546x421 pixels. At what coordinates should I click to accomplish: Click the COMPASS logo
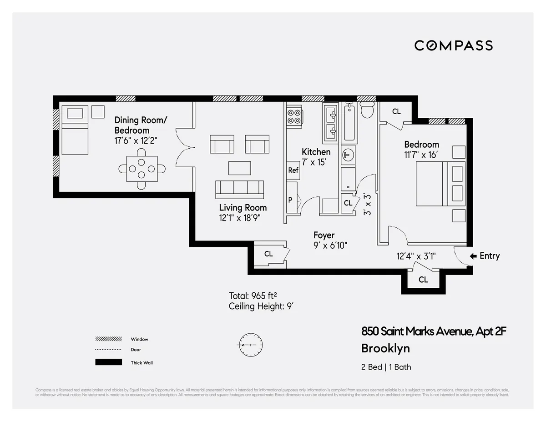click(453, 45)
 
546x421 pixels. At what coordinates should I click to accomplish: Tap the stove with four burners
click(294, 116)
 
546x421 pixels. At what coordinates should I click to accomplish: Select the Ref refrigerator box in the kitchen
click(293, 170)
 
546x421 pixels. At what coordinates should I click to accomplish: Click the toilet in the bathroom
click(367, 110)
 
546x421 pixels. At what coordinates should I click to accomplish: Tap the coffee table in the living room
click(239, 168)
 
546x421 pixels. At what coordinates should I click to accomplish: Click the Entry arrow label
click(485, 256)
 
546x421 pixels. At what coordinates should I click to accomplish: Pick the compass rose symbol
click(250, 345)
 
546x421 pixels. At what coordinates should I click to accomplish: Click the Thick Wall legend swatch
click(108, 362)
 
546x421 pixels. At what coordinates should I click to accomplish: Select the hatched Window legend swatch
click(108, 339)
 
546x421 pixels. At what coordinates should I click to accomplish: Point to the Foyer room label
click(324, 235)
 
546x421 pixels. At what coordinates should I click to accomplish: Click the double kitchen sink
click(330, 122)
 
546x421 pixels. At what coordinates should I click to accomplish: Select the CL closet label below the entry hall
click(423, 280)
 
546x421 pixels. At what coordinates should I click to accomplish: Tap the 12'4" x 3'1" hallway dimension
click(416, 256)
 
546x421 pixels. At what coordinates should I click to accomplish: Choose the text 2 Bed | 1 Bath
click(386, 367)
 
